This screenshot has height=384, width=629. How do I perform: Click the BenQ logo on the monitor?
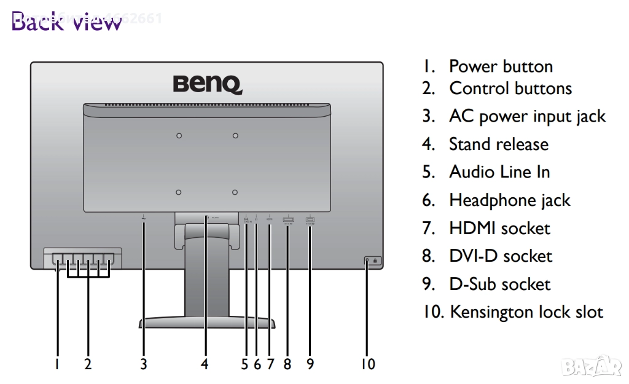click(207, 84)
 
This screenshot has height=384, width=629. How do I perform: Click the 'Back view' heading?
click(66, 23)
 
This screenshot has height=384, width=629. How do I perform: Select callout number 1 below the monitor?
click(57, 364)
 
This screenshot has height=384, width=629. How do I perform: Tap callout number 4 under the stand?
click(205, 364)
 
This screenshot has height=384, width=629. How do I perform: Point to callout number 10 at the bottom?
click(367, 364)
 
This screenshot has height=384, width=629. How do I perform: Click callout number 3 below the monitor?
click(143, 364)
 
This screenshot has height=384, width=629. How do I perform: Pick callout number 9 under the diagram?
click(310, 364)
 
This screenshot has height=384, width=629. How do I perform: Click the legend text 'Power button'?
click(501, 66)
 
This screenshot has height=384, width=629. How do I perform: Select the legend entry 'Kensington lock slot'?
click(526, 312)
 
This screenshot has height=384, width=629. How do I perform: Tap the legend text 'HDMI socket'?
click(499, 229)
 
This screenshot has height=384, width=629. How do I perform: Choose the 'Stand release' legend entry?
click(499, 144)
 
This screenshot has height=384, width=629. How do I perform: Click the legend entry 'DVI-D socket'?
click(501, 256)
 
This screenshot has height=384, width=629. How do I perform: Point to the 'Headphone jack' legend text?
click(510, 200)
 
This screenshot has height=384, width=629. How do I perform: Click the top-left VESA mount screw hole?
click(179, 135)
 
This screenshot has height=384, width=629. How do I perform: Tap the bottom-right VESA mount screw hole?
click(235, 192)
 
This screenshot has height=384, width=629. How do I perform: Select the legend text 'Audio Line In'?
click(499, 172)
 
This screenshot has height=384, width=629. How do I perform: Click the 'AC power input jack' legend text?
click(527, 117)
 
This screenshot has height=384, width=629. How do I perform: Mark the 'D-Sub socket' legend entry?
click(499, 284)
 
